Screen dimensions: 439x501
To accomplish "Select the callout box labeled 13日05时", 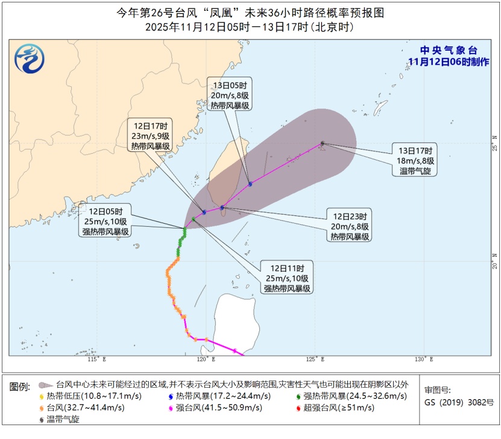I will [x=229, y=94].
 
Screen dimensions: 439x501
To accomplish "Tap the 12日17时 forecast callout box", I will [x=150, y=136].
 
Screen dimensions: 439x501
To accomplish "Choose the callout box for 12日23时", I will [x=350, y=225].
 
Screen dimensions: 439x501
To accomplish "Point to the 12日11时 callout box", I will [x=288, y=278].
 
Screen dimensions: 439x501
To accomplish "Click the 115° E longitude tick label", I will [x=96, y=360].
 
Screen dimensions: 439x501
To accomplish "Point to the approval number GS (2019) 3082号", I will [x=458, y=402].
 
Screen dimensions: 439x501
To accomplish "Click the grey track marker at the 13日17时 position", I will [x=323, y=144].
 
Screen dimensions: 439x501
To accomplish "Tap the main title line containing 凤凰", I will [x=250, y=12].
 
